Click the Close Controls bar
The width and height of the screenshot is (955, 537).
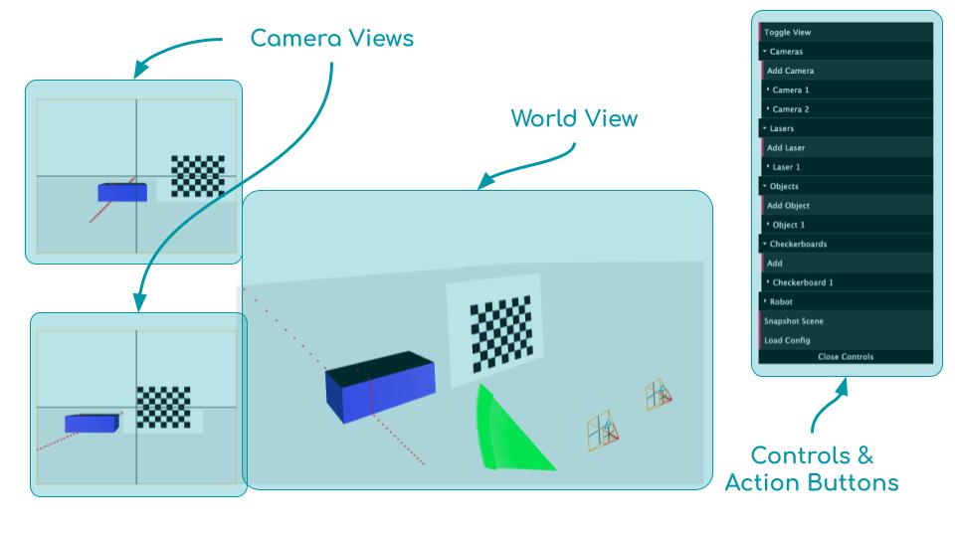click(x=845, y=356)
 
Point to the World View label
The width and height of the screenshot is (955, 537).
click(x=574, y=118)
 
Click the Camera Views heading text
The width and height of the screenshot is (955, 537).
click(x=332, y=39)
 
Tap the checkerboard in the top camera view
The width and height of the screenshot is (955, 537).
click(x=198, y=175)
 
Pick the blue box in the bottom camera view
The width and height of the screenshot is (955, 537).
click(x=91, y=423)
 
